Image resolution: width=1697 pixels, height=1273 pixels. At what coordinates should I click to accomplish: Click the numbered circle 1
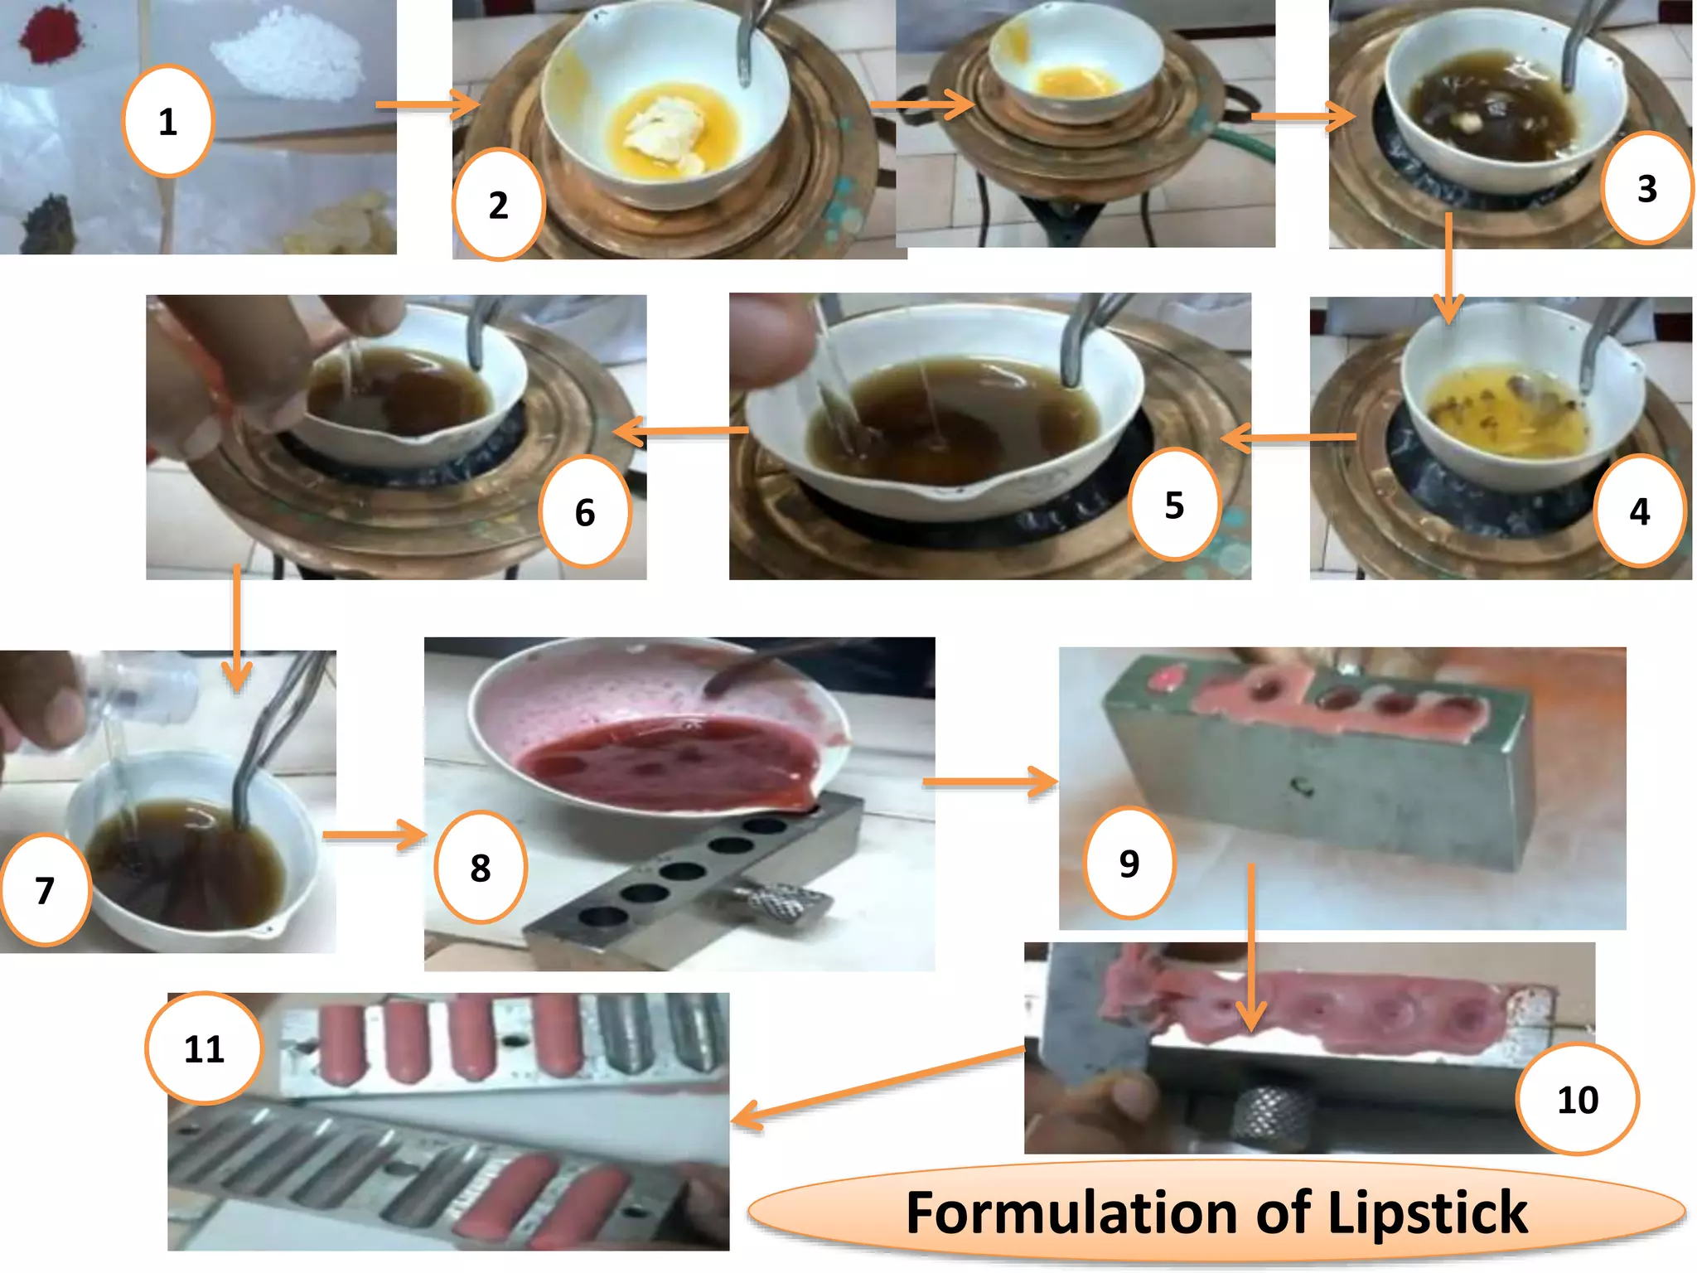[x=168, y=121]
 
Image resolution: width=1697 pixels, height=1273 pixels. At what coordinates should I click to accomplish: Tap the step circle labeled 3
[x=1646, y=188]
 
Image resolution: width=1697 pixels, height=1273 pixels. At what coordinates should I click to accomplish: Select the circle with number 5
[x=1174, y=505]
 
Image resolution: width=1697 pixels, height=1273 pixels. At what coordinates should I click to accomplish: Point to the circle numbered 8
[x=481, y=867]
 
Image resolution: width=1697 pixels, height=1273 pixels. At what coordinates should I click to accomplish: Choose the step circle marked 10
[x=1577, y=1099]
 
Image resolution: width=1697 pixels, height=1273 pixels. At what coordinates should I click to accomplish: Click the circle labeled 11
[x=204, y=1048]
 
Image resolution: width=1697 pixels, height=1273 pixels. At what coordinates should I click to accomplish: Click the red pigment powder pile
[x=49, y=34]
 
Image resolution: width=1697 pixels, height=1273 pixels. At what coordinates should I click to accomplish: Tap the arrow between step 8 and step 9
[x=990, y=781]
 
